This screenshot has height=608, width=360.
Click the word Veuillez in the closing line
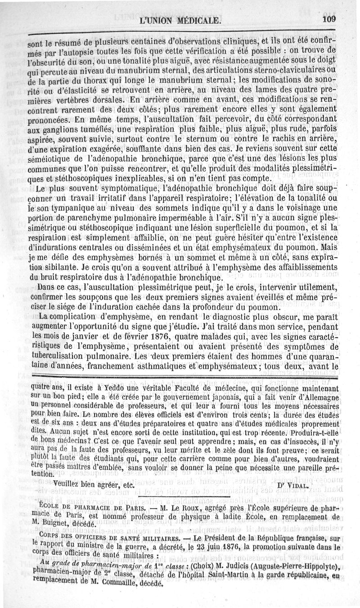pos(70,484)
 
